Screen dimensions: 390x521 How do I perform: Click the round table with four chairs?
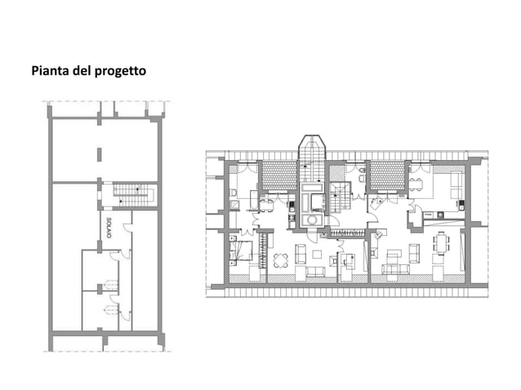pyautogui.click(x=282, y=260)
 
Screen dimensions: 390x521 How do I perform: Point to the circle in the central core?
pyautogui.click(x=311, y=219)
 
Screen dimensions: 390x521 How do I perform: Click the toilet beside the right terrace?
pyautogui.click(x=361, y=174)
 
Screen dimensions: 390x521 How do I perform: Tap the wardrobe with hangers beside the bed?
pyautogui.click(x=262, y=250)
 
